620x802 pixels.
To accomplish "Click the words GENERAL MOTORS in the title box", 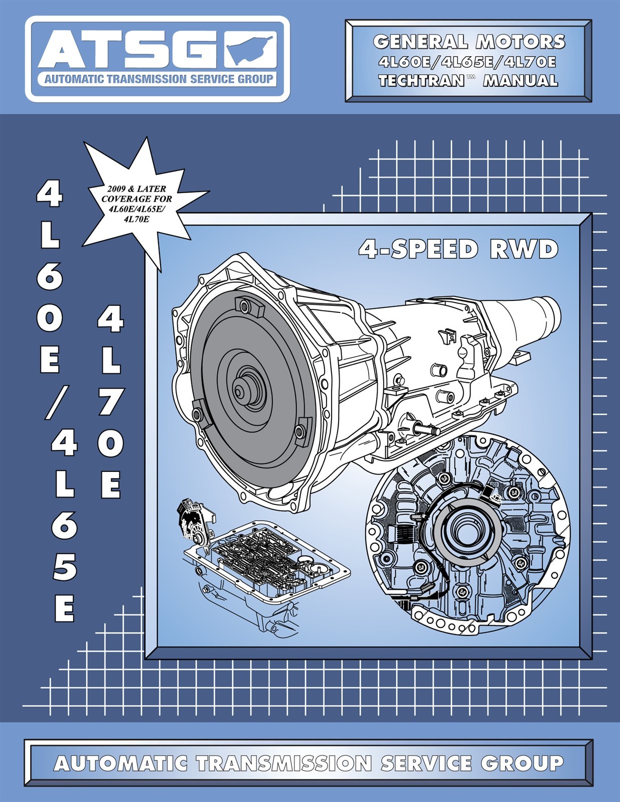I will point(469,42).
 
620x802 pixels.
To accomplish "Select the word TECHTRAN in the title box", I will point(421,80).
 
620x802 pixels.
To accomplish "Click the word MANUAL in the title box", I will point(520,80).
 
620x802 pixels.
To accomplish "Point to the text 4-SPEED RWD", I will point(458,249).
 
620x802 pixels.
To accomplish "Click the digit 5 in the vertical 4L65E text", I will point(64,566).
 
